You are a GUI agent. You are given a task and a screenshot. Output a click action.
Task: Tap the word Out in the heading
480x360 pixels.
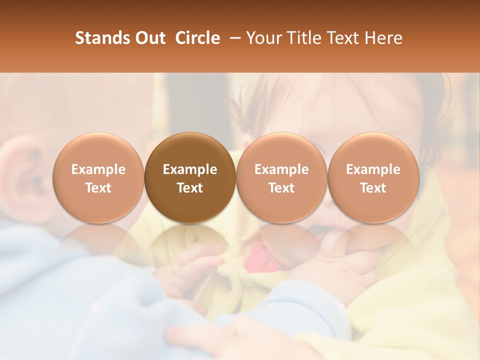pyautogui.click(x=148, y=38)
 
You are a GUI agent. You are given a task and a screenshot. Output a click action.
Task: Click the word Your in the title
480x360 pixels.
pyautogui.click(x=263, y=38)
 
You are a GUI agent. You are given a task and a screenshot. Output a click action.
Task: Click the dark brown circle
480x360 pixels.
pyautogui.click(x=190, y=178)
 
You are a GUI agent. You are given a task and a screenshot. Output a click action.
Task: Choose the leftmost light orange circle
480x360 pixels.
pyautogui.click(x=98, y=178)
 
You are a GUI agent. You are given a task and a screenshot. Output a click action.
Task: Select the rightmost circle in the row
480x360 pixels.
pyautogui.click(x=373, y=178)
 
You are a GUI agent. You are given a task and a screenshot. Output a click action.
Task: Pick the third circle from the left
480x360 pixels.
pyautogui.click(x=281, y=178)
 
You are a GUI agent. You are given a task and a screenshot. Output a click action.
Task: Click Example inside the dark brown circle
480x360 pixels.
pyautogui.click(x=190, y=169)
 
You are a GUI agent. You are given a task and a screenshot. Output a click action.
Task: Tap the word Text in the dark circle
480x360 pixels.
pyautogui.click(x=190, y=188)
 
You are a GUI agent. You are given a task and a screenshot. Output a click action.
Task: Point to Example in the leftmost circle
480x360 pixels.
pyautogui.click(x=98, y=169)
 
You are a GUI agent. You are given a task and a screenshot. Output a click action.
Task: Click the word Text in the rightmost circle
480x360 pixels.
pyautogui.click(x=373, y=188)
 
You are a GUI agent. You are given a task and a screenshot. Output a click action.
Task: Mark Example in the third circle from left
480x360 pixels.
pyautogui.click(x=281, y=169)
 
